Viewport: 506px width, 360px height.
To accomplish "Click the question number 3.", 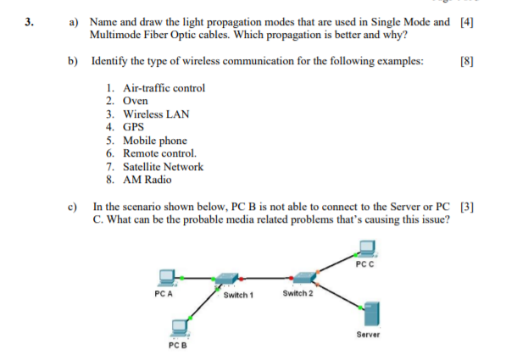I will pos(30,22).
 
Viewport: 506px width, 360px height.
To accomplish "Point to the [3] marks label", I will pos(465,206).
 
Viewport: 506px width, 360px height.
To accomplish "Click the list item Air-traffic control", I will pos(164,88).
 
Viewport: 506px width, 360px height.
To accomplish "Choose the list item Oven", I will pos(136,101).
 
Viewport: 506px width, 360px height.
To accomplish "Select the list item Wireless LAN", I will pos(156,114).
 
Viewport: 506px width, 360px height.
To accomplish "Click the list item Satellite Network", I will pos(163,167).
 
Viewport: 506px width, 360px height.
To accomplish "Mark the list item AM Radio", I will pos(147,180).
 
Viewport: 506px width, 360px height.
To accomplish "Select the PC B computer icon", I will pos(180,326).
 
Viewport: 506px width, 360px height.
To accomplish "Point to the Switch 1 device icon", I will pos(227,278).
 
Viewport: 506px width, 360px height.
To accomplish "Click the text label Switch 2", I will pos(297,293).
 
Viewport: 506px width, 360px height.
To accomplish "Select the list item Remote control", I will pos(159,153).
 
